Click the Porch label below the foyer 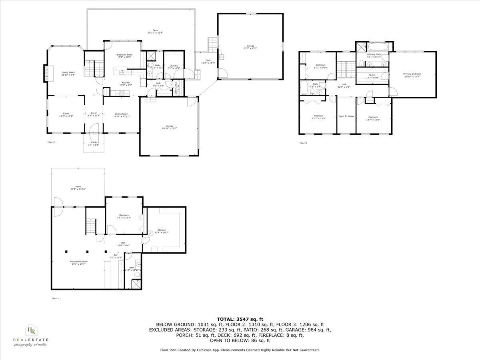point(93,143)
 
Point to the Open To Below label point(346,116)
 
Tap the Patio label point(78,187)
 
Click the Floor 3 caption point(303,143)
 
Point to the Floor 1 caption point(55,298)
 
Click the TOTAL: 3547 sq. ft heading point(240,319)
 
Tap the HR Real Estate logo point(31,335)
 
